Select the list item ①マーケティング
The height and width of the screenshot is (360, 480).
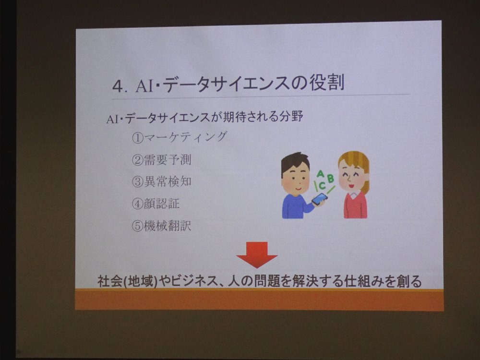tap(180, 137)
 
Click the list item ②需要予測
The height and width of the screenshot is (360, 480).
tap(161, 159)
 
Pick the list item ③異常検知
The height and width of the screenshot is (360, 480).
tap(161, 181)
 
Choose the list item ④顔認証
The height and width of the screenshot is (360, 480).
tap(156, 204)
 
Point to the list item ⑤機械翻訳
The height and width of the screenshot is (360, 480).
tap(161, 226)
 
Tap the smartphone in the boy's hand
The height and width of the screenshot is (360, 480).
tap(320, 199)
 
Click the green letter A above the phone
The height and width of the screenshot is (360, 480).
tap(320, 174)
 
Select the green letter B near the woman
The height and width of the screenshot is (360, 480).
tap(330, 178)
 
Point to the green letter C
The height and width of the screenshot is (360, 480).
tap(322, 185)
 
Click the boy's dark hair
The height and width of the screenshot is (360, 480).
tap(295, 162)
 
